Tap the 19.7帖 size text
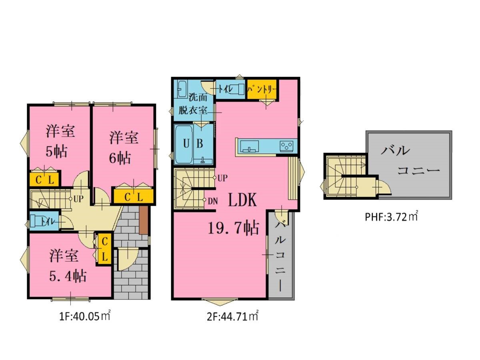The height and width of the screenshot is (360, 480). pos(234,228)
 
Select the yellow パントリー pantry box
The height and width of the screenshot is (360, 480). pos(262,89)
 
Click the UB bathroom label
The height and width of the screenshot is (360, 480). pos(193,144)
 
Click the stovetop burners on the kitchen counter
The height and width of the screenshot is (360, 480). pos(286,146)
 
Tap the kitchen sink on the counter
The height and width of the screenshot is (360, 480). pos(249,146)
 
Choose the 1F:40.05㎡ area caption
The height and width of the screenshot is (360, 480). pos(85,316)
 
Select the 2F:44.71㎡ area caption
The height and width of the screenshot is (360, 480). pos(232,316)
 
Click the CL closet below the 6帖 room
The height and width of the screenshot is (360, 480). pos(134,197)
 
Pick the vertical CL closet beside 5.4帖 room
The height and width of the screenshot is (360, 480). pos(105,249)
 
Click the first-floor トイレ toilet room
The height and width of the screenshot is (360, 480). pos(44,221)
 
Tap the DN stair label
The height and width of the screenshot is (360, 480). pos(212,201)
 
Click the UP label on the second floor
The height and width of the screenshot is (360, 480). pos(222,178)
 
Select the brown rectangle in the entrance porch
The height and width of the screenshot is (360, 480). pos(144,220)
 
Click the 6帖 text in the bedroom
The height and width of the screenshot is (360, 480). pos(120,158)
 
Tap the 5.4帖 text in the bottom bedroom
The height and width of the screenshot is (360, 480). pos(68,276)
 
